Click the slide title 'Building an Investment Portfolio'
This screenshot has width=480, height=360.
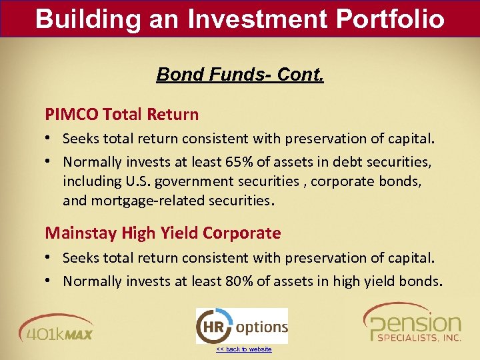pyautogui.click(x=240, y=18)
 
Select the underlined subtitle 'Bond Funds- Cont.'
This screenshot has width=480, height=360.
pyautogui.click(x=240, y=74)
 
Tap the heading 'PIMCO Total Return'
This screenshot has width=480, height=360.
pyautogui.click(x=121, y=115)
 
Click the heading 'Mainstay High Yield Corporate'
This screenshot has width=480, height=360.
pyautogui.click(x=163, y=233)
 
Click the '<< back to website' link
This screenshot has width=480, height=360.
pyautogui.click(x=243, y=349)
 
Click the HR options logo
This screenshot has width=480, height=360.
pyautogui.click(x=241, y=326)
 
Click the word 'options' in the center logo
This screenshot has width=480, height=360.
pyautogui.click(x=262, y=327)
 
